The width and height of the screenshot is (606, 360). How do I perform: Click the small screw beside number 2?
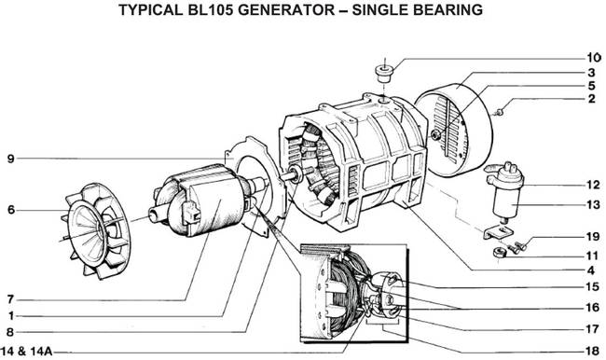[500, 111]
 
